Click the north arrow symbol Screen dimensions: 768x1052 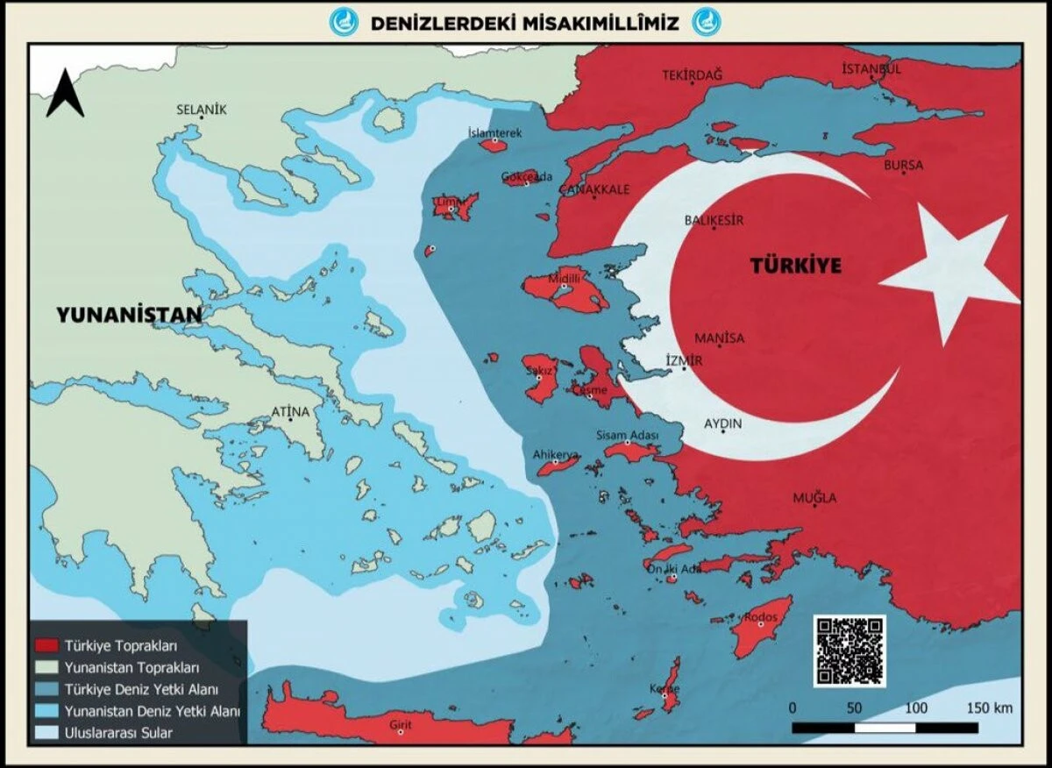(65, 94)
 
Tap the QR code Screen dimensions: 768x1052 (849, 651)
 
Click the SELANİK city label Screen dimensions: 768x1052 (202, 110)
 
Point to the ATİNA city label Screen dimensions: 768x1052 (290, 411)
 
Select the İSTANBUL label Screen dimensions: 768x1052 (871, 69)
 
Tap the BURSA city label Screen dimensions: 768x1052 (903, 165)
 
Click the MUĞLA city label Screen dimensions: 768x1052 (814, 498)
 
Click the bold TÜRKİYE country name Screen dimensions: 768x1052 (795, 266)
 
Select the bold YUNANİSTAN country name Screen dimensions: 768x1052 (129, 315)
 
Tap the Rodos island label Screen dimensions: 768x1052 (761, 618)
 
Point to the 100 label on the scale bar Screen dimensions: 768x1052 (916, 708)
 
